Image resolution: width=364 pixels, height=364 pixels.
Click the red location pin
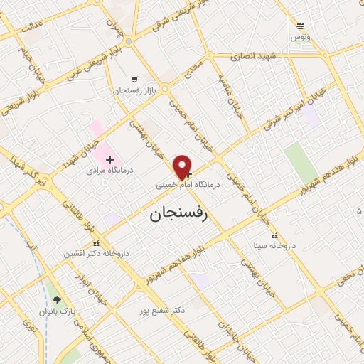(183, 166)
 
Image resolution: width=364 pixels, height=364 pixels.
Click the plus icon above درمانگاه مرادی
(109, 159)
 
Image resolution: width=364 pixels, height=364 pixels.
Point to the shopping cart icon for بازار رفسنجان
(134, 80)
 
